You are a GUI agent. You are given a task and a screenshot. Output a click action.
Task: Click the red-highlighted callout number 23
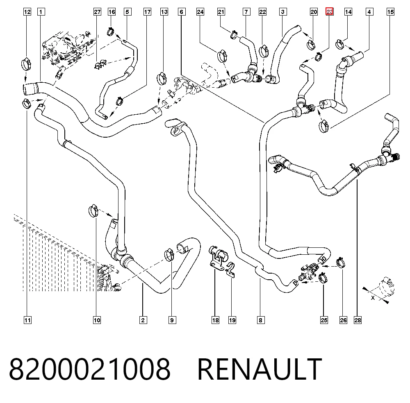[329, 12]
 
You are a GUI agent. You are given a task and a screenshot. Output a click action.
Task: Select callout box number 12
[27, 12]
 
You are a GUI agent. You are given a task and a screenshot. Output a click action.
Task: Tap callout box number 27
[97, 12]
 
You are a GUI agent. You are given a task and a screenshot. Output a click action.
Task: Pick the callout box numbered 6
[182, 12]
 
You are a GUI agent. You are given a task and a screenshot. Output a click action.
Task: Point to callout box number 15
[390, 12]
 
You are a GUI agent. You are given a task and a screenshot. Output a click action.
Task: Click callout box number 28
[358, 320]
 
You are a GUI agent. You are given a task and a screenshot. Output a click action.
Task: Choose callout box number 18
[216, 320]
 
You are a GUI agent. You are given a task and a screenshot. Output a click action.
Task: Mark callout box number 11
[27, 320]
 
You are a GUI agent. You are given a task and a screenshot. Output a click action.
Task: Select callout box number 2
[143, 320]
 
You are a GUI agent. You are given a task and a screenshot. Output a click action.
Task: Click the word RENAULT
[260, 369]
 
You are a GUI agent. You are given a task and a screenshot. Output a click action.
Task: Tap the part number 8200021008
[90, 369]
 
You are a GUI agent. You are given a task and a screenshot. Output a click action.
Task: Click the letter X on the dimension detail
[373, 297]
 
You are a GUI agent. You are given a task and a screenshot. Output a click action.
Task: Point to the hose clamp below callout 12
[26, 64]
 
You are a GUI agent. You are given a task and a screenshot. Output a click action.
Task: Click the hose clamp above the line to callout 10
[93, 211]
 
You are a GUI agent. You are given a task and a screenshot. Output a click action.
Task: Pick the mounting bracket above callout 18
[217, 257]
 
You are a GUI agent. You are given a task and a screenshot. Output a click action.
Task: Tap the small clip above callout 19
[230, 270]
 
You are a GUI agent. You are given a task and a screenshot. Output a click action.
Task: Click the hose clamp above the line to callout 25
[323, 278]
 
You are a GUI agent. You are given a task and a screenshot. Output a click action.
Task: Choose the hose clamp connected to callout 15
[324, 126]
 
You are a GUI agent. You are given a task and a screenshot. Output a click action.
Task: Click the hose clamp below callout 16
[111, 32]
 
